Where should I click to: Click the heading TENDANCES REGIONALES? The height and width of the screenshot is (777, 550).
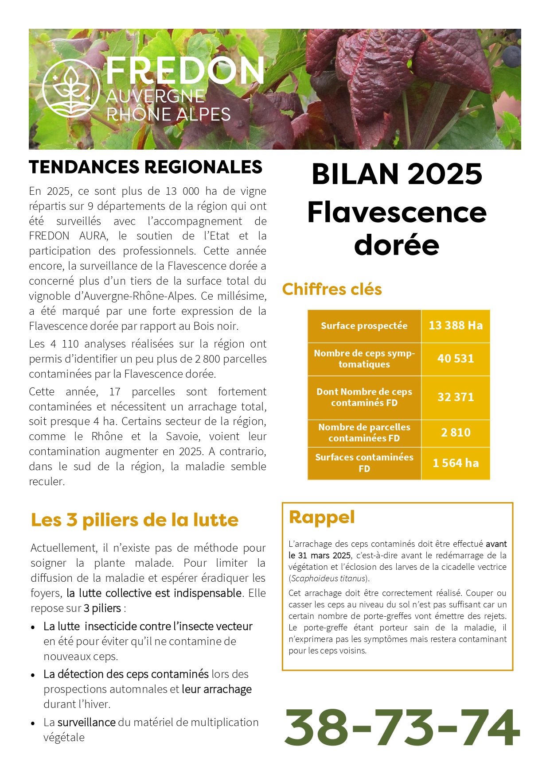click(146, 167)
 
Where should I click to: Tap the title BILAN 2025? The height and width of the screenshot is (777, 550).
click(397, 174)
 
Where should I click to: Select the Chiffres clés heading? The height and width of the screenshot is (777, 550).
click(332, 289)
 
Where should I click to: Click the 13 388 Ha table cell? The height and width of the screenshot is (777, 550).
click(456, 325)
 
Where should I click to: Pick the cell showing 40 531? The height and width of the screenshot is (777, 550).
click(456, 359)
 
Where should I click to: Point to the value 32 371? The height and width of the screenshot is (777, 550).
click(456, 397)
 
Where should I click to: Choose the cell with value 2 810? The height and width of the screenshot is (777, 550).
click(456, 433)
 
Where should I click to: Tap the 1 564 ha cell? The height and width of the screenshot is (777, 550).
click(456, 463)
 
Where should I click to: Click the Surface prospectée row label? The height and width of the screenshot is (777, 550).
click(364, 326)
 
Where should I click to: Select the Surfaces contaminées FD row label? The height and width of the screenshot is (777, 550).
click(364, 463)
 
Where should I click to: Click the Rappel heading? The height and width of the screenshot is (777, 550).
click(322, 517)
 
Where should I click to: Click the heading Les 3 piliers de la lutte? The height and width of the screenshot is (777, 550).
click(135, 520)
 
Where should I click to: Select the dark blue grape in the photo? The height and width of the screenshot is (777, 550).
click(512, 55)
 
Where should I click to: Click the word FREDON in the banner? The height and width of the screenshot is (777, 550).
click(185, 71)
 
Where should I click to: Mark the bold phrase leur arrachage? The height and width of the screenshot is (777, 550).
click(217, 689)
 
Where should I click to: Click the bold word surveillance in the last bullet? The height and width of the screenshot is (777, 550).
click(86, 723)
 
